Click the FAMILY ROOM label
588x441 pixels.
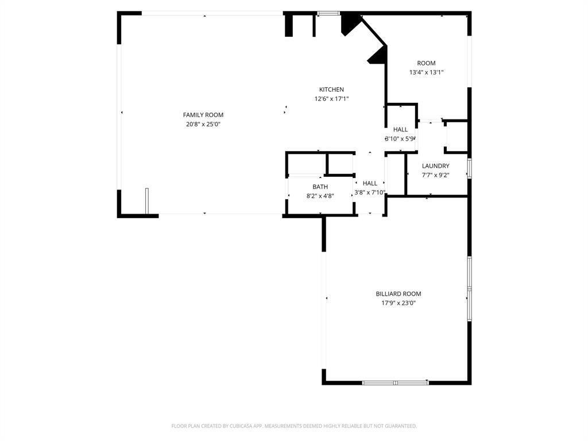203,115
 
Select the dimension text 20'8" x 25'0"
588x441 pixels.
203,124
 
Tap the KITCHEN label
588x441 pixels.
331,90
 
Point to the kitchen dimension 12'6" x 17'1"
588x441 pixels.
331,99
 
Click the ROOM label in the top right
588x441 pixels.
426,63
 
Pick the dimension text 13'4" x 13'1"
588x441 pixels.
426,72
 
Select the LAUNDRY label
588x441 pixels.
435,166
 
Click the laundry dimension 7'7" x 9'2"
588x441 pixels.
435,175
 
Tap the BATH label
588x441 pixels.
320,187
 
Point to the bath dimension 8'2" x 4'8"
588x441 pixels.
320,196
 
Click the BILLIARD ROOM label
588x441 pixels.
399,293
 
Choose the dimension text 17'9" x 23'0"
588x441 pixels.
399,303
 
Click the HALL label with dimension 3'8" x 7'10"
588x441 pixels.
370,183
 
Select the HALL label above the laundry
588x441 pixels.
400,130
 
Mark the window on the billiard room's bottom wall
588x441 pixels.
395,382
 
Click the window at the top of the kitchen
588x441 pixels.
328,13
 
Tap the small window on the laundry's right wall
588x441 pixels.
469,168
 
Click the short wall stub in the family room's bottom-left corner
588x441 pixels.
147,201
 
